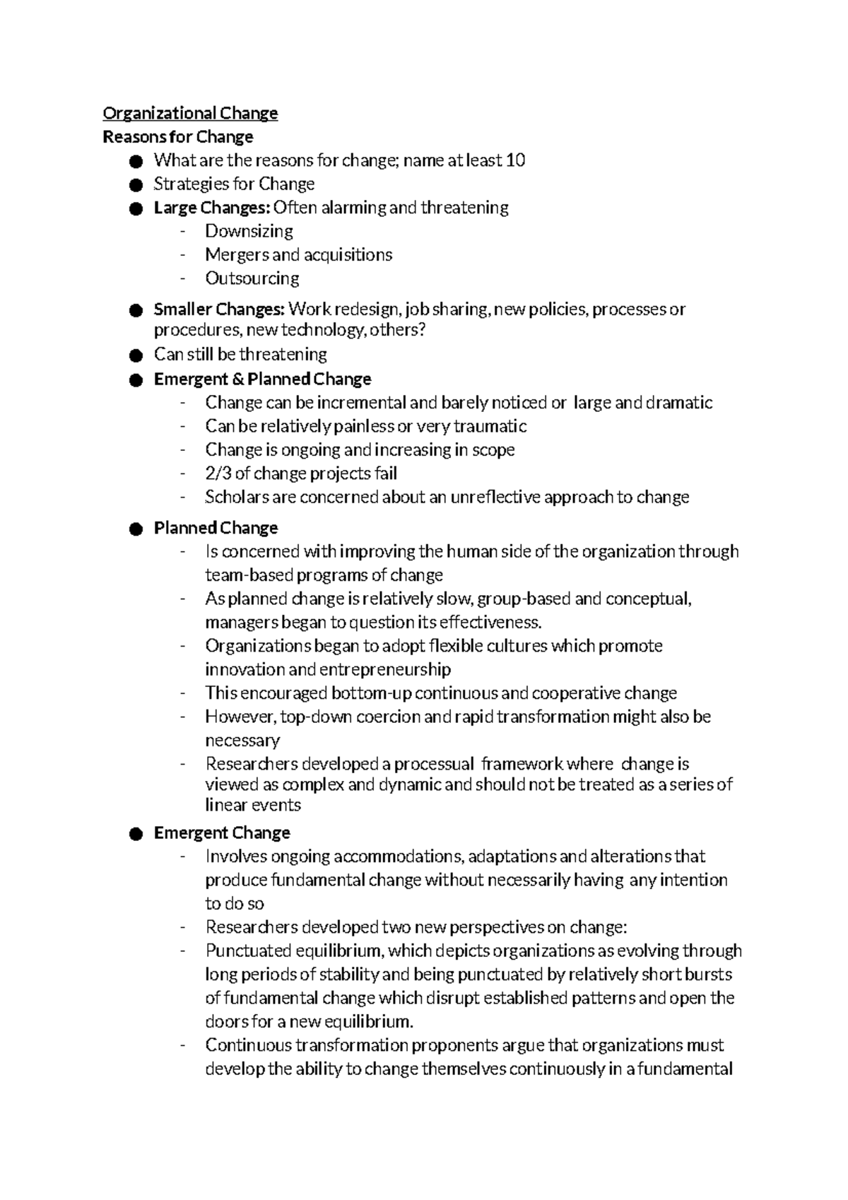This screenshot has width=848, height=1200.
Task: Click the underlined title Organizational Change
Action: [190, 113]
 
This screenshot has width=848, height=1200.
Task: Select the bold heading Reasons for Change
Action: [177, 136]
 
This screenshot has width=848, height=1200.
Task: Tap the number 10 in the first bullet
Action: [516, 160]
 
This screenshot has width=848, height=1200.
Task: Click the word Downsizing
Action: [249, 231]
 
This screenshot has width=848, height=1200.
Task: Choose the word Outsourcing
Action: [252, 278]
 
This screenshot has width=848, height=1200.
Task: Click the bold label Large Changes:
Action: [212, 208]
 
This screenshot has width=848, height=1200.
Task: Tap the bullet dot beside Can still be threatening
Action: [136, 355]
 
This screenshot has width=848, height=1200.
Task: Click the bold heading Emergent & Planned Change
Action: [262, 380]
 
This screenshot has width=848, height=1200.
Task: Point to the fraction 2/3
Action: [217, 473]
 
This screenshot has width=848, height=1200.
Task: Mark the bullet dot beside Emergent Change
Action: [136, 834]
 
